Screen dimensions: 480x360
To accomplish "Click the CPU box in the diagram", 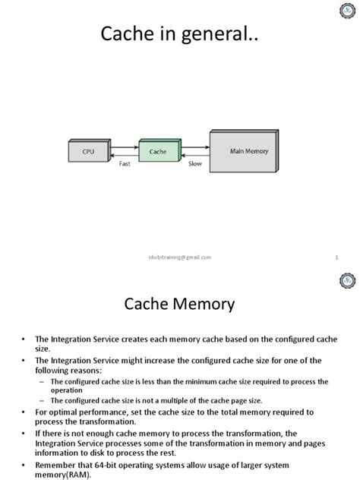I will (x=89, y=151).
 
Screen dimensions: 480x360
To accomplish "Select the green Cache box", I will (x=158, y=151).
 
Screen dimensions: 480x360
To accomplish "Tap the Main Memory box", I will (x=249, y=151).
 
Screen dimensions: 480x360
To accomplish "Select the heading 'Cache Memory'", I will (x=180, y=305).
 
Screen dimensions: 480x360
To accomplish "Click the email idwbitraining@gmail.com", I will (x=180, y=257).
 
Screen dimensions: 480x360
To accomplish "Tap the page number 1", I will (x=336, y=257).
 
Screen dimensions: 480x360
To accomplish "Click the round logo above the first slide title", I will (x=345, y=11).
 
